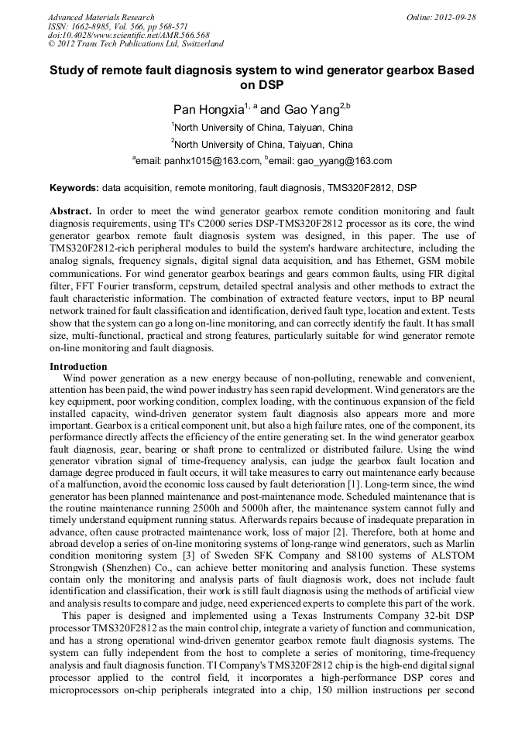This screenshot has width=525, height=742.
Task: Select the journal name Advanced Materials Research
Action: click(x=101, y=17)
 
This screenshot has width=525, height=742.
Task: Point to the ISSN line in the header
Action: click(x=118, y=26)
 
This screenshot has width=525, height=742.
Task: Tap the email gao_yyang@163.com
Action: click(x=344, y=161)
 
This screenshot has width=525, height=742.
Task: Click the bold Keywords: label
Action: click(x=74, y=188)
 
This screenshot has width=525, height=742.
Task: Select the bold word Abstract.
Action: click(x=70, y=210)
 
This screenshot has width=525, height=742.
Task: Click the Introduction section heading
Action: click(x=78, y=366)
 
